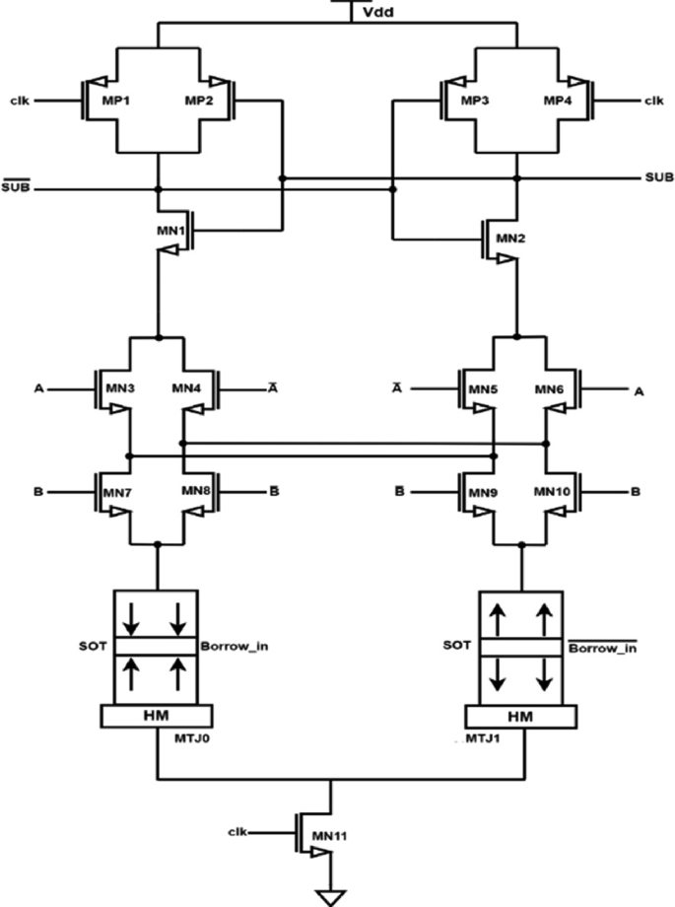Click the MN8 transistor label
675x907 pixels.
194,490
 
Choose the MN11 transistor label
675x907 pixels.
354,836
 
